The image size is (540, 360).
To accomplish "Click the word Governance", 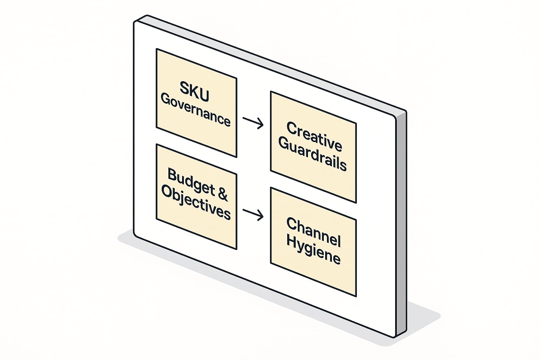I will click(x=195, y=110).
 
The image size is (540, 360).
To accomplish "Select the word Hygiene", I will click(x=313, y=250).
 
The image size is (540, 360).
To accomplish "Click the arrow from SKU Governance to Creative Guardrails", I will click(x=253, y=122).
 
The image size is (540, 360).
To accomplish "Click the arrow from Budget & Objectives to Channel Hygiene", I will click(x=253, y=213).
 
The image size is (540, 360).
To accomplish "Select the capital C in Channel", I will click(x=292, y=224).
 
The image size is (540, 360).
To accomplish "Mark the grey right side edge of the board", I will click(x=401, y=225).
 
